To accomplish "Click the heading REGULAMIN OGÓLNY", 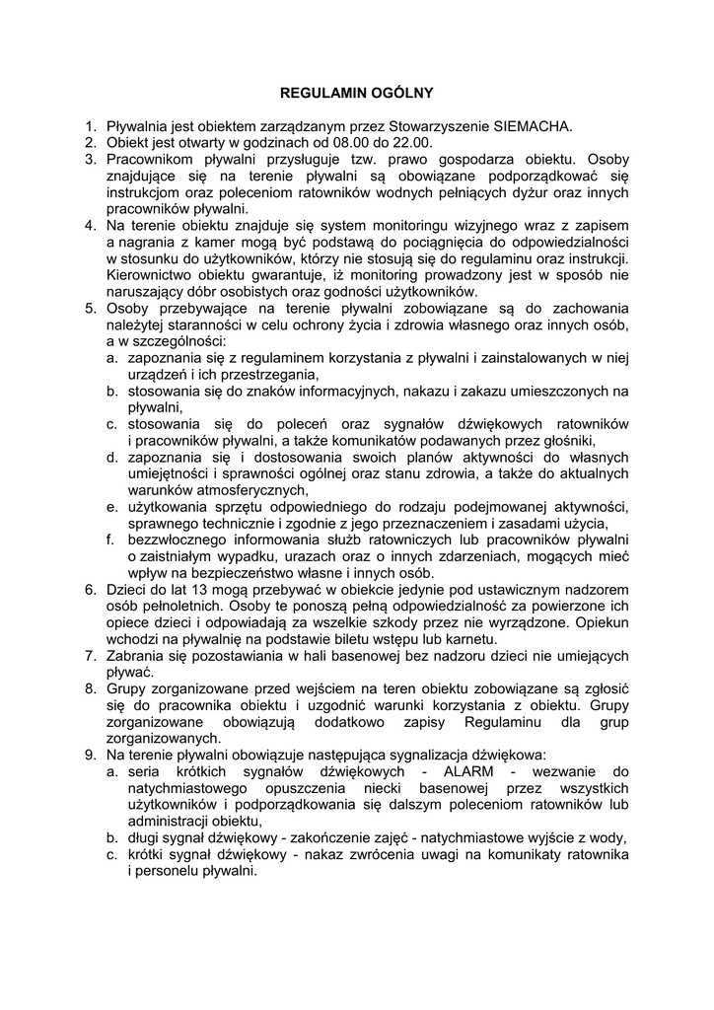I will coord(357,94).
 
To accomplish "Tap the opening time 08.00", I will coord(322,142).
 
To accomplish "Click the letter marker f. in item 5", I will coord(112,541).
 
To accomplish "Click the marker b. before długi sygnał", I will coord(112,838).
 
